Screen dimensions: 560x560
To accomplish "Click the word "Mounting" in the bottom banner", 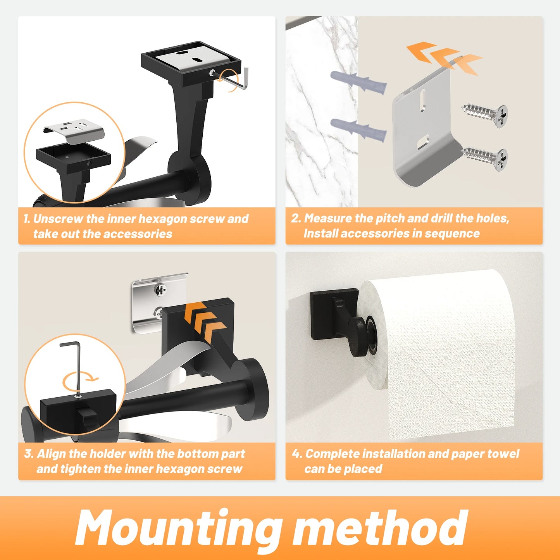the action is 178,528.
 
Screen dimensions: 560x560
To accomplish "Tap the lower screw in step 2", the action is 484,159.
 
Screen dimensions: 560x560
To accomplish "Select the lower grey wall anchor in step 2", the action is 358,130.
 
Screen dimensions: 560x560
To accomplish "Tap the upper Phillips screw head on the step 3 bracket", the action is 160,289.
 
